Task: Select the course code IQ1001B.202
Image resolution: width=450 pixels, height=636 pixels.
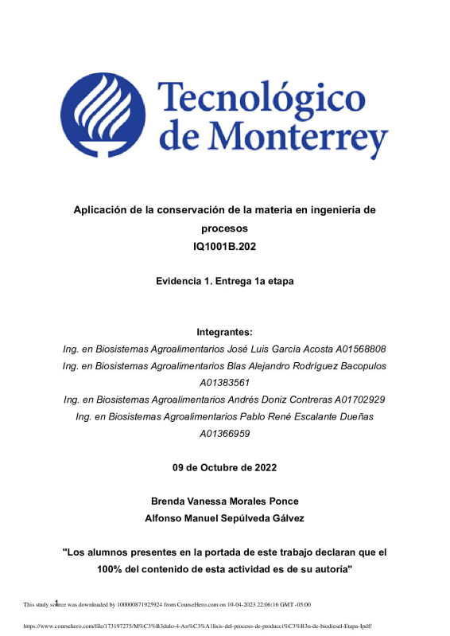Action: [225, 247]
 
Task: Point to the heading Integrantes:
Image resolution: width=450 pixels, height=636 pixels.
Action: [225, 332]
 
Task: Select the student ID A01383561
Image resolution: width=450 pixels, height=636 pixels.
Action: [225, 383]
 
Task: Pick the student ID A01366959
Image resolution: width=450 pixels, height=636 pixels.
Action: [225, 434]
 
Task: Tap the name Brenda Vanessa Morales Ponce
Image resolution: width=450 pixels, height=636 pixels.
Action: [225, 501]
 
